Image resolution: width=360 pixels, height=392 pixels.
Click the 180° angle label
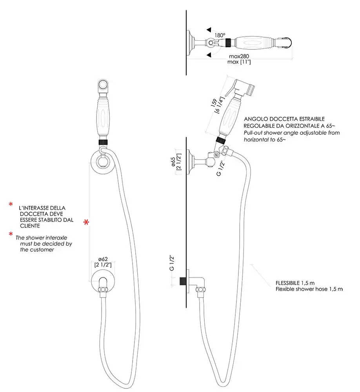[x=220, y=35]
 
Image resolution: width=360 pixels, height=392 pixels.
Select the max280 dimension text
[x=239, y=56]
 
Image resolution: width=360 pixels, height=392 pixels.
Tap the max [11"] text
[x=239, y=62]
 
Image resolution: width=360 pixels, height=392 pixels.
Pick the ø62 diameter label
[x=103, y=259]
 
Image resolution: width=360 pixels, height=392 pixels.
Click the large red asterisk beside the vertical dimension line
[x=86, y=223]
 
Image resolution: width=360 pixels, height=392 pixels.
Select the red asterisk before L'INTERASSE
[x=11, y=205]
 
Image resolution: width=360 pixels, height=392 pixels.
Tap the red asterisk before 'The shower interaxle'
[x=11, y=234]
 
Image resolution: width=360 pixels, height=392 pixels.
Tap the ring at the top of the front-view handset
[x=103, y=84]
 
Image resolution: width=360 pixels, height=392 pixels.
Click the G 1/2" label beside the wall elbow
[x=171, y=263]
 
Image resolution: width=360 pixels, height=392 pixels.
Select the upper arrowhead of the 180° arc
[x=209, y=30]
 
